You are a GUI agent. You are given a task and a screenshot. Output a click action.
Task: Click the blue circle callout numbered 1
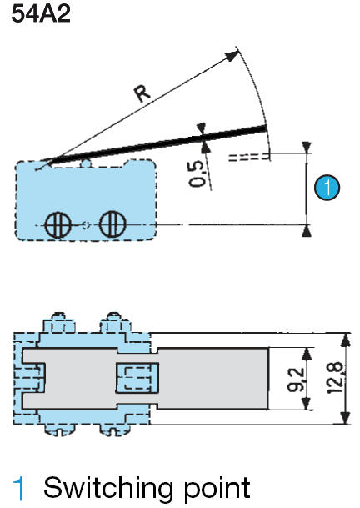(x=327, y=189)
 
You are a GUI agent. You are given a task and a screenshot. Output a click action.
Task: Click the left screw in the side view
(x=57, y=224)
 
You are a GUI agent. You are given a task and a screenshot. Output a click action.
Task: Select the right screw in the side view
(x=111, y=224)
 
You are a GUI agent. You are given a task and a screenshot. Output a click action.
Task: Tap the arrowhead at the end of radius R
(x=231, y=56)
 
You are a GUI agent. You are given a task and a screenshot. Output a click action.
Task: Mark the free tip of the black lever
(x=264, y=128)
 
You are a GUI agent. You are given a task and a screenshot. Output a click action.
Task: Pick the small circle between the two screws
(x=84, y=224)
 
